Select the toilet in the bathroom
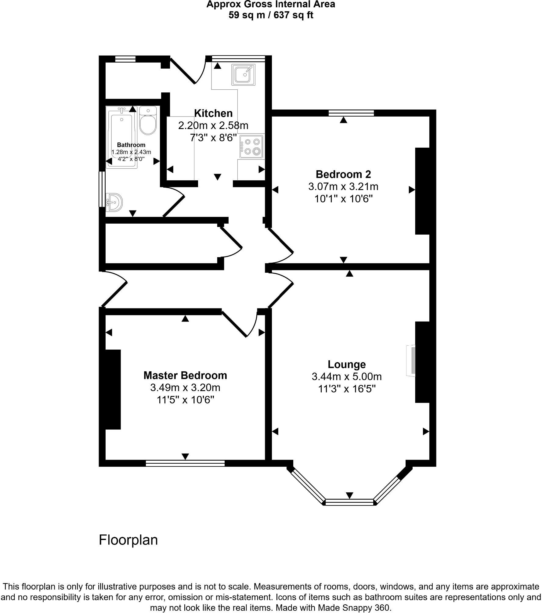[x=148, y=121]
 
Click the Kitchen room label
[x=213, y=113]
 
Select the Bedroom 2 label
[x=343, y=174]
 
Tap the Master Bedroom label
[x=185, y=375]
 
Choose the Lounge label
[x=347, y=364]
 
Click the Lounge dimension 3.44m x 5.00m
[x=347, y=377]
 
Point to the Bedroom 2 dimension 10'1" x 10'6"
[x=344, y=199]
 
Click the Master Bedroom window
[x=185, y=463]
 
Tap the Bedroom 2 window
[x=351, y=113]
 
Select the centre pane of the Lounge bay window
[x=349, y=502]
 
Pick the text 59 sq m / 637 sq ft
[x=271, y=15]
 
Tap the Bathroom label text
[x=131, y=145]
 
